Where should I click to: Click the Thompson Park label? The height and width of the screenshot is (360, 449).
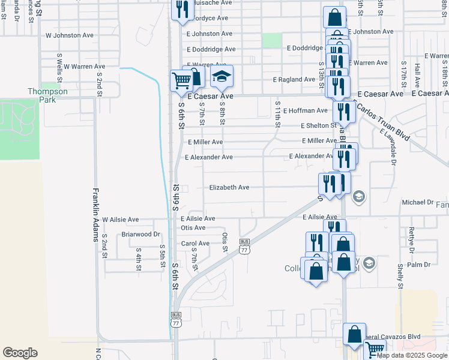(x=47, y=95)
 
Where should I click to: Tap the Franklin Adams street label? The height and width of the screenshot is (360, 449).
(x=95, y=215)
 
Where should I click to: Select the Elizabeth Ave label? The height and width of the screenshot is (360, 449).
(x=229, y=188)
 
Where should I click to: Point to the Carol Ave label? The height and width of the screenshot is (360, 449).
(x=195, y=244)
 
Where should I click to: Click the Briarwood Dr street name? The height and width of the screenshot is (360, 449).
(x=141, y=235)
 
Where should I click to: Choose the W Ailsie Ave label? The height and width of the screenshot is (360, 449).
(x=120, y=220)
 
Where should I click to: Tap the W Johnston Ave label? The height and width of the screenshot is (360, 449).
(x=70, y=35)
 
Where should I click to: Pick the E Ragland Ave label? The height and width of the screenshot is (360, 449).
(x=294, y=79)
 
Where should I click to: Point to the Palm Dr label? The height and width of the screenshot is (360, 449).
(x=419, y=265)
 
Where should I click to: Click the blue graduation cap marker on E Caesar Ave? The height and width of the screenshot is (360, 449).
(x=221, y=77)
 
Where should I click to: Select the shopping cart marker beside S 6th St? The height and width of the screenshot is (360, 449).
(x=181, y=80)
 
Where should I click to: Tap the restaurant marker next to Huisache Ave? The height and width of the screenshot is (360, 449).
(x=182, y=9)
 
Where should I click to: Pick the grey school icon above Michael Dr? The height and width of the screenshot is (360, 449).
(x=358, y=196)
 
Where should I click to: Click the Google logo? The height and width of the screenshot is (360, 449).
(x=20, y=353)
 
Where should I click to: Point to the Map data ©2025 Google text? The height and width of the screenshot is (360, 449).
(x=412, y=355)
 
